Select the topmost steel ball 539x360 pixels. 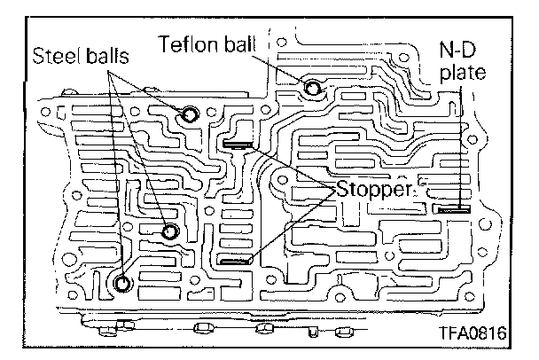[190, 113]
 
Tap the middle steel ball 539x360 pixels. [171, 231]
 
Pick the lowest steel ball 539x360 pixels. [123, 284]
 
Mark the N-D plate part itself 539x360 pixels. [454, 210]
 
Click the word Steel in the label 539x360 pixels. [55, 56]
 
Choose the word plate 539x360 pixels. [462, 74]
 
